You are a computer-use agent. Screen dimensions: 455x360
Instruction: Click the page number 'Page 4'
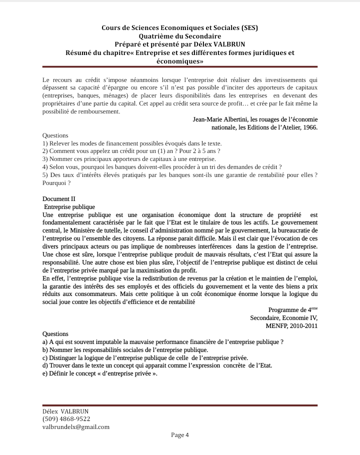pyautogui.click(x=180, y=435)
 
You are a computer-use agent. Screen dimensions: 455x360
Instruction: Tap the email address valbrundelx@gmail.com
pyautogui.click(x=76, y=426)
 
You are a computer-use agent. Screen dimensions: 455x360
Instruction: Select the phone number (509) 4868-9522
pyautogui.click(x=66, y=418)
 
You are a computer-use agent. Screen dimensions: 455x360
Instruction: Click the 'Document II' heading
pyautogui.click(x=59, y=198)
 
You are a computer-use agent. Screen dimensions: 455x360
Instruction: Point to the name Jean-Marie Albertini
pyautogui.click(x=220, y=119)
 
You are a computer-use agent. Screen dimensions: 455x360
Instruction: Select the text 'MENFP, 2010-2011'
pyautogui.click(x=291, y=325)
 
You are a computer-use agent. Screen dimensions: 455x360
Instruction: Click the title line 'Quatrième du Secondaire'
pyautogui.click(x=180, y=36)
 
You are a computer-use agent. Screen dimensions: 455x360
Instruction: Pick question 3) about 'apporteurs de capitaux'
pyautogui.click(x=129, y=159)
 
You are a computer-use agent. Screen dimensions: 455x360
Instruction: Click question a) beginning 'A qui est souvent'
pyautogui.click(x=163, y=341)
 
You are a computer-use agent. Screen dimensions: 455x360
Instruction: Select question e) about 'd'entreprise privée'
pyautogui.click(x=100, y=373)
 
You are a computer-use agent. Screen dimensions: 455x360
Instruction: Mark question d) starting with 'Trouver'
pyautogui.click(x=157, y=365)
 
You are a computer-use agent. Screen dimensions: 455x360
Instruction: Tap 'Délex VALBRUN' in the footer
pyautogui.click(x=65, y=411)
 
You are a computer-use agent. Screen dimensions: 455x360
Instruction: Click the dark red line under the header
pyautogui.click(x=180, y=66)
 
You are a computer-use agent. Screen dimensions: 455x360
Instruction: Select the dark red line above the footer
pyautogui.click(x=180, y=405)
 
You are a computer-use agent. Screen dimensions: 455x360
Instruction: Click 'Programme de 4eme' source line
pyautogui.click(x=292, y=309)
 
